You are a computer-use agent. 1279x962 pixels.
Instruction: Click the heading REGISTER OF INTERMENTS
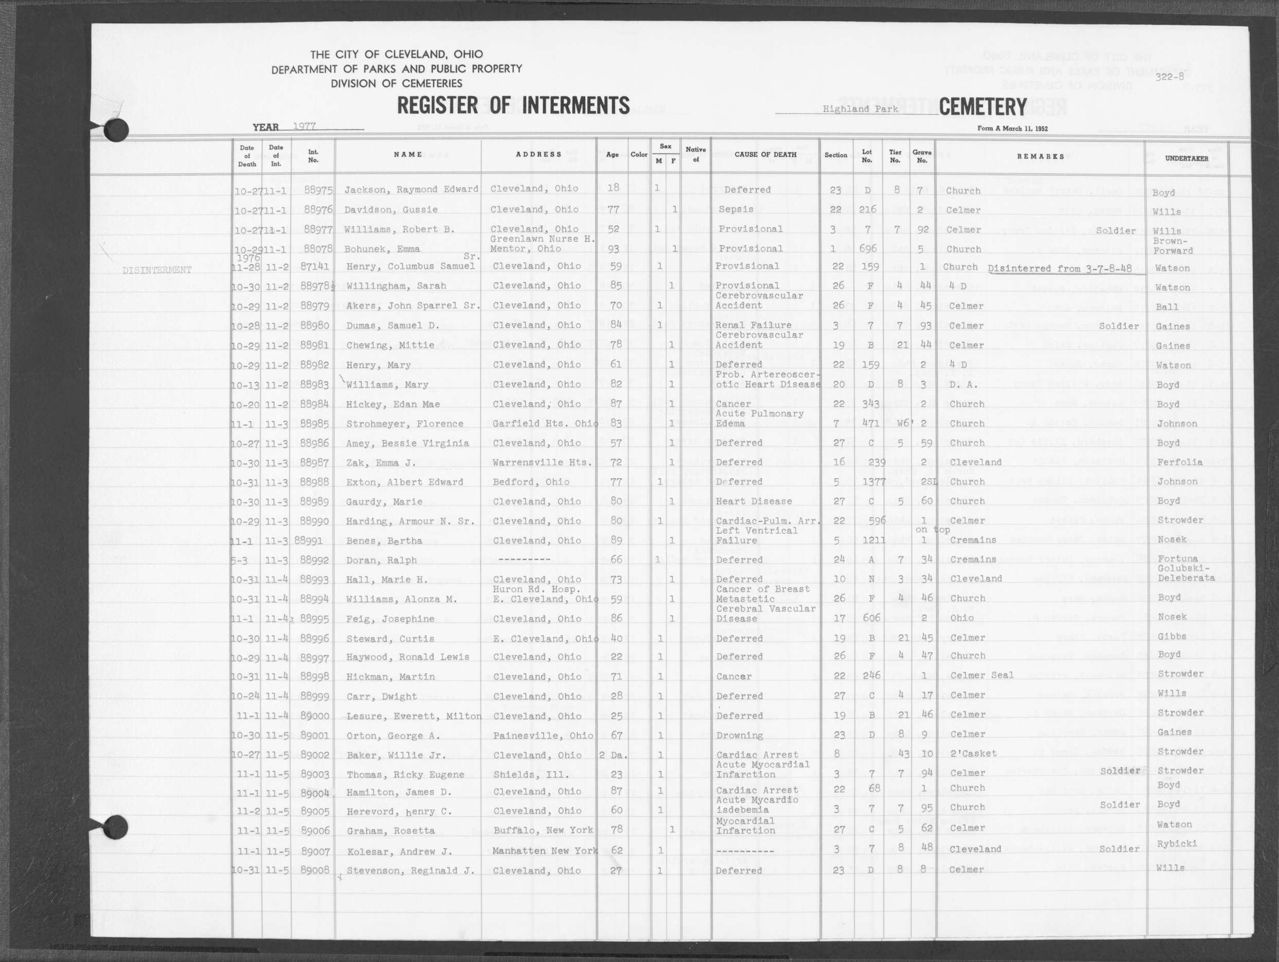tap(513, 106)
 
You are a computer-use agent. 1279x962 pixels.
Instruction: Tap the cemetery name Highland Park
tap(861, 109)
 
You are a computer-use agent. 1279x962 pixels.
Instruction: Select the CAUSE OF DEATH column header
tap(765, 155)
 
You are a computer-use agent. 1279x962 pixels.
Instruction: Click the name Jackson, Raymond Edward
tap(411, 189)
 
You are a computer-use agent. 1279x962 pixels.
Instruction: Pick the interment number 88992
tap(314, 560)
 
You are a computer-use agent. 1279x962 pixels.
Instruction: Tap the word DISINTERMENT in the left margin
tap(157, 270)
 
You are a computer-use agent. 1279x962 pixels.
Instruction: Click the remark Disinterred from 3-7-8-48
tap(1060, 268)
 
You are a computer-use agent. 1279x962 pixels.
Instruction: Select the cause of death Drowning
tap(739, 735)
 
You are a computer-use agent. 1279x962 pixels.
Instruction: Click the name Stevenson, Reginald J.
tap(410, 870)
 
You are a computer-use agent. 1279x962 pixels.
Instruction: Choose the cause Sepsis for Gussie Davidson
tap(736, 209)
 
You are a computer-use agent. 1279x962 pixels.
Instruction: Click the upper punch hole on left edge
tap(117, 130)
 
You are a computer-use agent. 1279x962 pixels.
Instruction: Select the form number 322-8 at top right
tap(1170, 76)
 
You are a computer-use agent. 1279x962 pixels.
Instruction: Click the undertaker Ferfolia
tap(1180, 462)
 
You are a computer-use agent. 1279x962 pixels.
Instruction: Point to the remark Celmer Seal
tap(981, 675)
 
